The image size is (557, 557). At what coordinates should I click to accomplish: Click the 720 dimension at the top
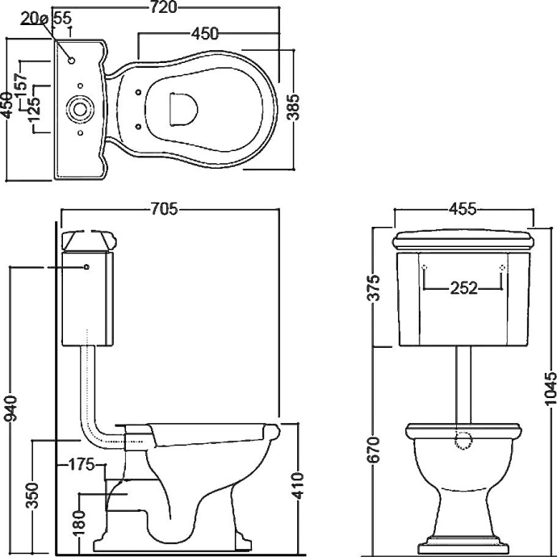[x=163, y=7]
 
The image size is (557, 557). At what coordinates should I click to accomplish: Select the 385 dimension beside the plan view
[x=293, y=107]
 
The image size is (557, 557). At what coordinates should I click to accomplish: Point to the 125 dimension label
[x=36, y=107]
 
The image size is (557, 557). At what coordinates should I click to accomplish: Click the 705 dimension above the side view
[x=164, y=209]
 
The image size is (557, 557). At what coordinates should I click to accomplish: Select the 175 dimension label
[x=82, y=464]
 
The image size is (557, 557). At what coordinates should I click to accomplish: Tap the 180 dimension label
[x=80, y=522]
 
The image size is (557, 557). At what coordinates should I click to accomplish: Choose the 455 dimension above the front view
[x=463, y=209]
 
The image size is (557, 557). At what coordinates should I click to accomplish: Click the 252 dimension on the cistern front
[x=464, y=288]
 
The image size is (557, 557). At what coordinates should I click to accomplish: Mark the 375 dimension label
[x=375, y=287]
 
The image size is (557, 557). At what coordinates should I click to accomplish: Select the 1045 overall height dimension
[x=550, y=388]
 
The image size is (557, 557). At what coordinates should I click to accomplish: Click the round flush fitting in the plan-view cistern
[x=80, y=109]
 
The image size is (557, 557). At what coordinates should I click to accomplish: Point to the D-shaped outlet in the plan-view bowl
[x=183, y=109]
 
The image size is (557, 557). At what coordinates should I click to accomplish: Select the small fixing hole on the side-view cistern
[x=86, y=266]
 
